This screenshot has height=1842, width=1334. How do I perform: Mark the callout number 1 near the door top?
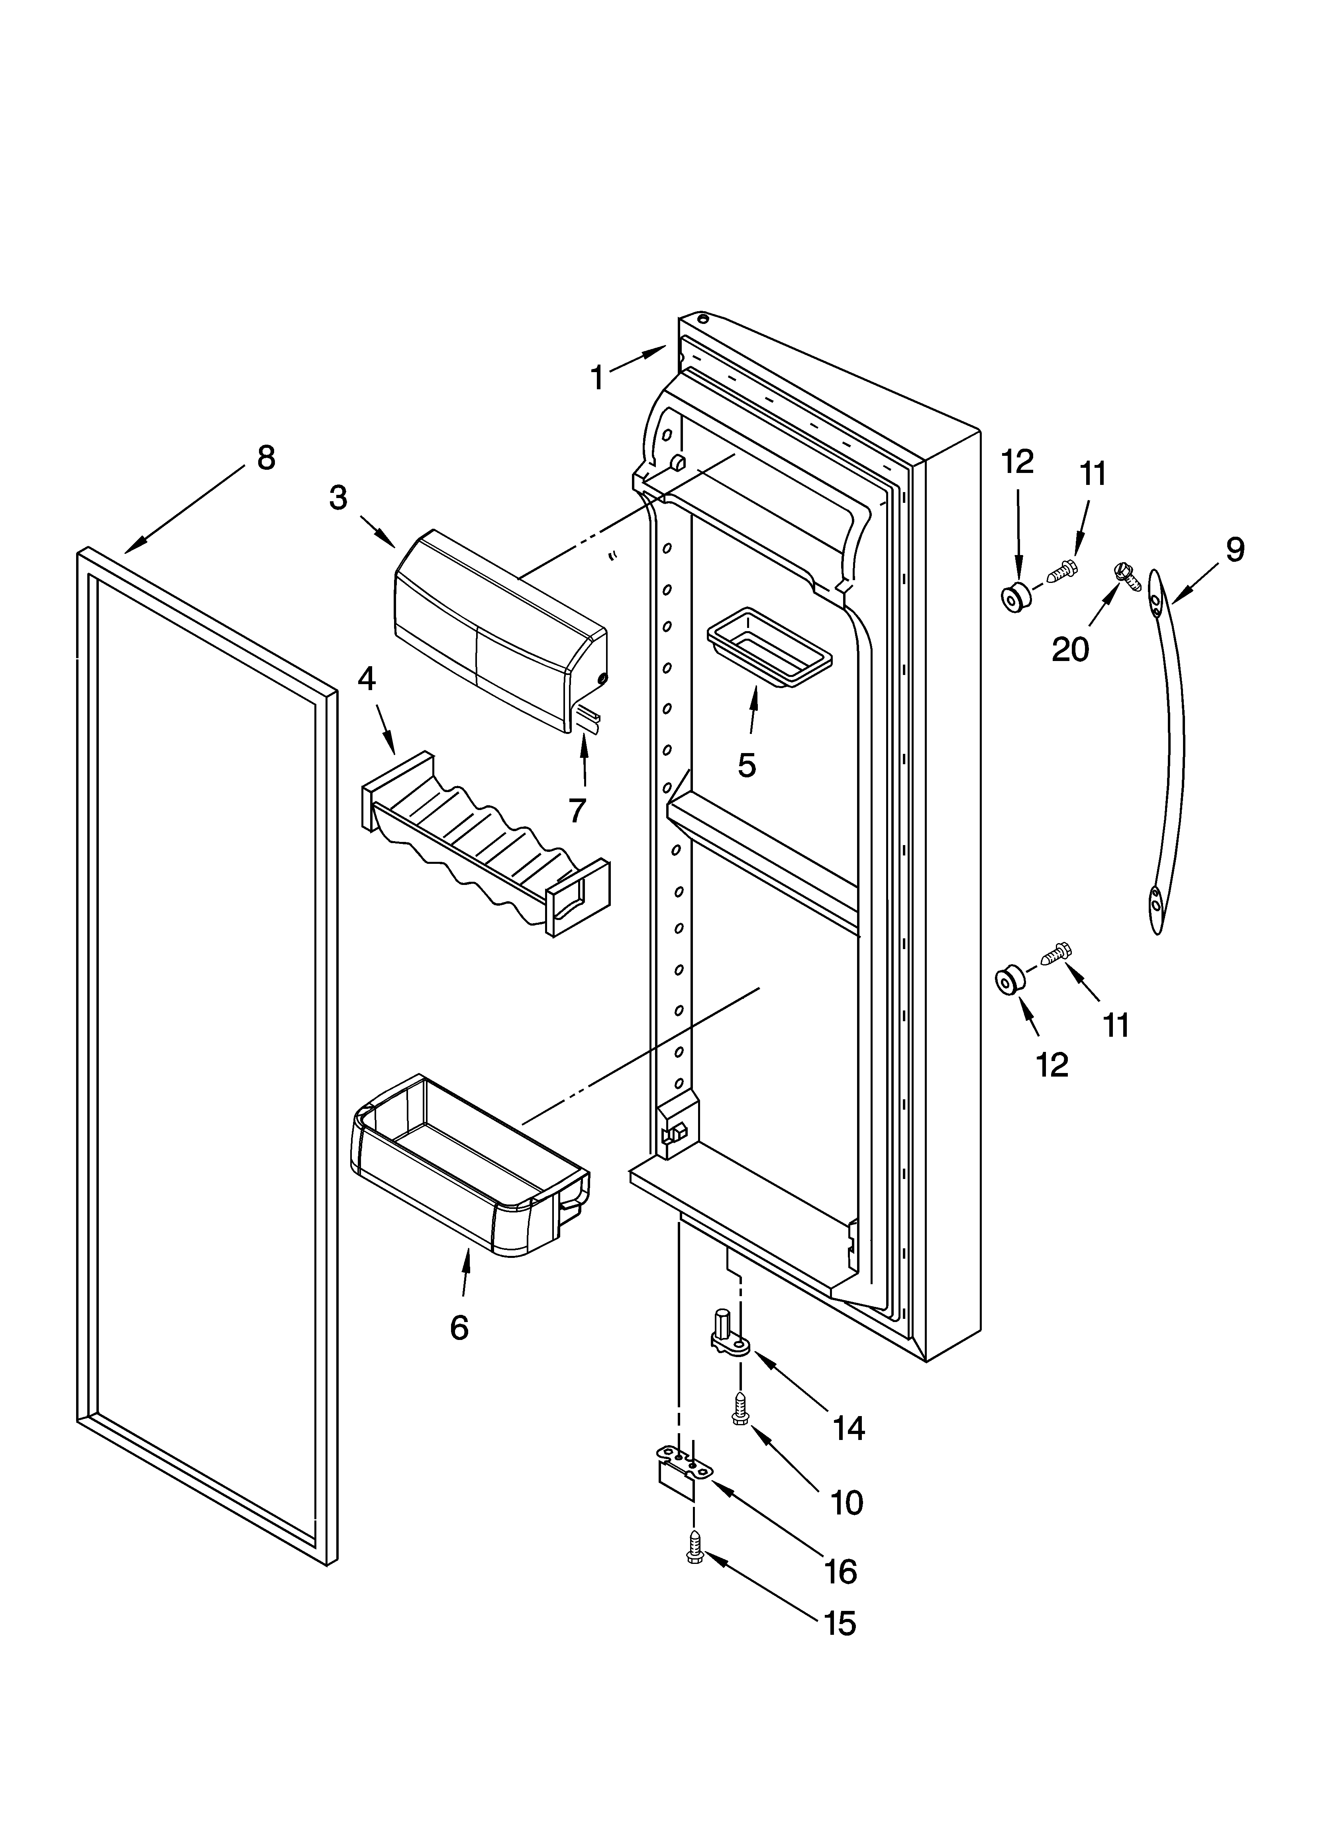pyautogui.click(x=597, y=378)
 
